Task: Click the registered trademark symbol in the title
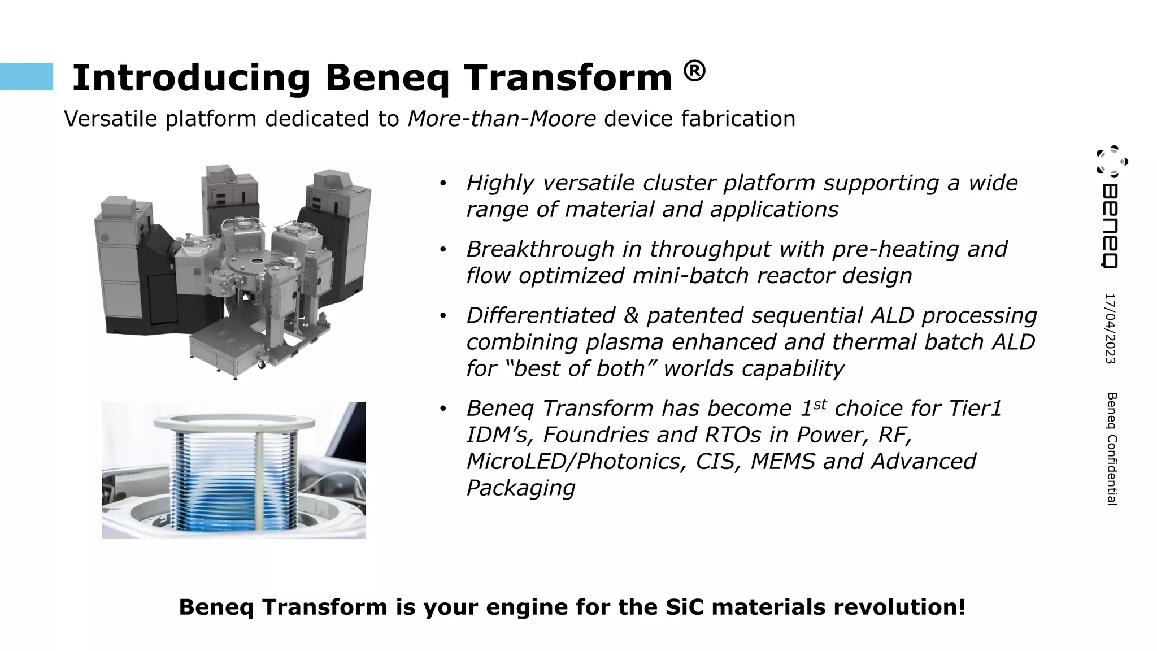coord(694,72)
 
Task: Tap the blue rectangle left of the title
coord(27,77)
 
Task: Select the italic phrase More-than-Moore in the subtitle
coord(502,119)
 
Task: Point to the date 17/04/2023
coord(1110,328)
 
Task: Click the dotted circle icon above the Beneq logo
coord(1111,160)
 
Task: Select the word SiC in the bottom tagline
coord(685,607)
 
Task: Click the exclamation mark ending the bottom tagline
coord(962,607)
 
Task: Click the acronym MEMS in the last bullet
coord(782,461)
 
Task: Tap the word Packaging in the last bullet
coord(520,488)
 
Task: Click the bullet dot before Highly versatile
coord(443,183)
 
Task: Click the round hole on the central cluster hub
coord(257,262)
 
